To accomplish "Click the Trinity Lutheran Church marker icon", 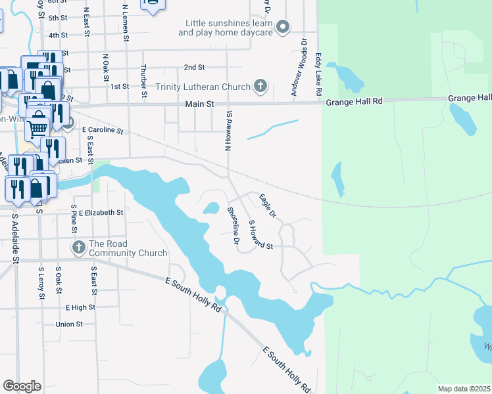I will (x=260, y=86).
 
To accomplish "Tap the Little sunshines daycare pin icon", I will (x=283, y=27).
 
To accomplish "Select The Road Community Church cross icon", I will (x=78, y=248).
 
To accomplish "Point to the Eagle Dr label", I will (x=266, y=205).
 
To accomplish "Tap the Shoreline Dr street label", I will (x=232, y=225).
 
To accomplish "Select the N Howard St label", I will (x=230, y=131).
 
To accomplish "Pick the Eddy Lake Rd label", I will (x=318, y=76).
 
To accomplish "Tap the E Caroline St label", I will (x=103, y=131).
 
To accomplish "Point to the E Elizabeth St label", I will (x=101, y=213).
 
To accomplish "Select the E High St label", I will (x=80, y=307).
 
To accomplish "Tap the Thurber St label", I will (x=143, y=81).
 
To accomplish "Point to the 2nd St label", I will (x=194, y=67).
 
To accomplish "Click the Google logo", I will (x=22, y=386).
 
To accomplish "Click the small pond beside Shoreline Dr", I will (x=210, y=209).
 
